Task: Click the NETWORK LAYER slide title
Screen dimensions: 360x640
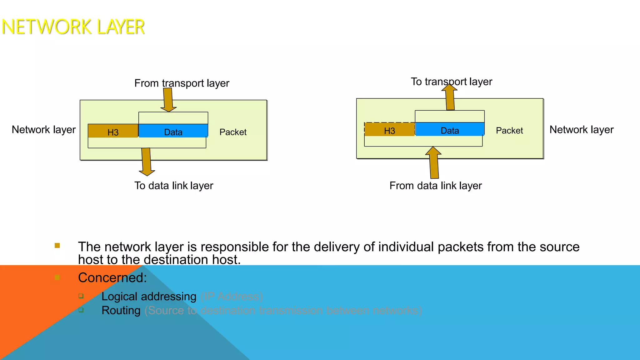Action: [73, 27]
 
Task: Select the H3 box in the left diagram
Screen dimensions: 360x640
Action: [113, 131]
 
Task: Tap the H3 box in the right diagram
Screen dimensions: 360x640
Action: [389, 130]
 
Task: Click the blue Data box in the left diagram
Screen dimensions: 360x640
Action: [173, 131]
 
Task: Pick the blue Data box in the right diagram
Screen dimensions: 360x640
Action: [450, 130]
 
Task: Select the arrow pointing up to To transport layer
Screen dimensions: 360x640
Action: [450, 97]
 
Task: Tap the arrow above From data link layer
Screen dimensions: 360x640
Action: [434, 162]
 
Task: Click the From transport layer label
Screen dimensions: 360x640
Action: [182, 83]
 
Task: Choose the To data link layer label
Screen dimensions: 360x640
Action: [174, 186]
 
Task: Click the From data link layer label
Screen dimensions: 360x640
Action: [436, 186]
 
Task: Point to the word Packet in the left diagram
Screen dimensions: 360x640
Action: [233, 132]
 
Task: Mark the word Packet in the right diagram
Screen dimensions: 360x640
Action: [509, 131]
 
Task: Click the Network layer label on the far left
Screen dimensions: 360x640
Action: [44, 130]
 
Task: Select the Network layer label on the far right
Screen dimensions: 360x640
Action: [582, 130]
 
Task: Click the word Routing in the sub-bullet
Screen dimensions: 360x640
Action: [121, 310]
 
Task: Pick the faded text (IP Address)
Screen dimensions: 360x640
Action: [231, 297]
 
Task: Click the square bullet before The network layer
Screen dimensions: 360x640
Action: [57, 246]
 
